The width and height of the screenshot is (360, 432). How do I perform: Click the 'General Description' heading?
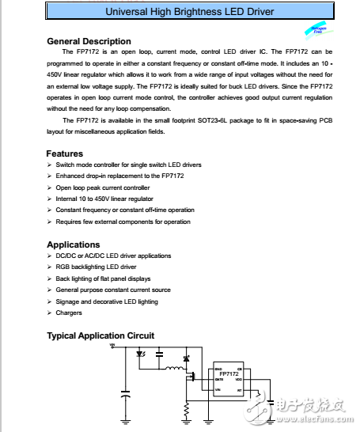click(x=89, y=41)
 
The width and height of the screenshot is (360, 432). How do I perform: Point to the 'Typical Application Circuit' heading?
click(x=100, y=336)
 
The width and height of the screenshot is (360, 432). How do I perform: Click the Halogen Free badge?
click(x=316, y=32)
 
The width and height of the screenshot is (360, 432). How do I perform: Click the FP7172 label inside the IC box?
click(x=229, y=373)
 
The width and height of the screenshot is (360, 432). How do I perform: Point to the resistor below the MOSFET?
click(x=188, y=409)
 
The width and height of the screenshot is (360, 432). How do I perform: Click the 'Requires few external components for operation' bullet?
click(x=123, y=222)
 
